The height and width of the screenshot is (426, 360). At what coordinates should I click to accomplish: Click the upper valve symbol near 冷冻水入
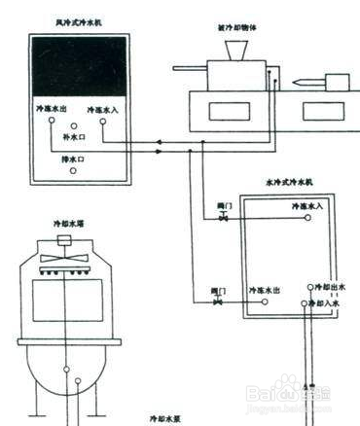click(224, 220)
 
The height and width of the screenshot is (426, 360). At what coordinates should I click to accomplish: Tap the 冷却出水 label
click(328, 287)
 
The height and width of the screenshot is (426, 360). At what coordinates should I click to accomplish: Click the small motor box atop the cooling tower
click(66, 236)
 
